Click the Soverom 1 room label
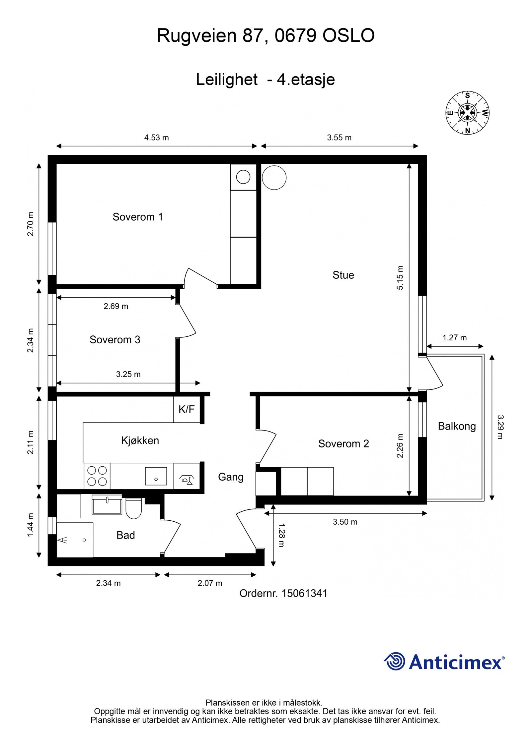click(138, 217)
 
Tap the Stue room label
click(343, 275)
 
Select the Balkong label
click(457, 426)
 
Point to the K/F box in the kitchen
click(187, 409)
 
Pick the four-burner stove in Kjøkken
click(97, 476)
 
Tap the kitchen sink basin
click(156, 476)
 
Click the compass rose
click(467, 113)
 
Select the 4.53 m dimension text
click(156, 138)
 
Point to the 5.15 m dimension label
click(400, 278)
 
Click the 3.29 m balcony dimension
click(500, 427)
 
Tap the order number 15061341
click(304, 593)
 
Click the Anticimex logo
click(444, 662)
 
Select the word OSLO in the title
click(348, 36)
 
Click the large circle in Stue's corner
click(274, 177)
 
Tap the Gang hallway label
click(231, 477)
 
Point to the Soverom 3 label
click(115, 340)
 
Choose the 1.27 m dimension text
click(454, 338)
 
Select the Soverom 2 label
click(343, 444)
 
